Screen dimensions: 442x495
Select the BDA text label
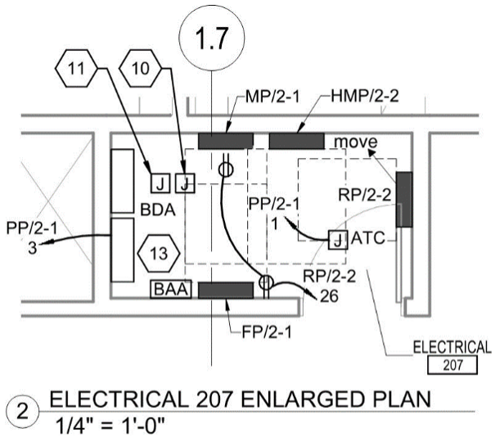coord(158,210)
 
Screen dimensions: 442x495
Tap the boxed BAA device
coord(171,289)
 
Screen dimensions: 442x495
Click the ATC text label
coord(367,240)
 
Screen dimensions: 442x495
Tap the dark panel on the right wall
coord(403,200)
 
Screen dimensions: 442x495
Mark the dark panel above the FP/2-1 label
coord(226,290)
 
